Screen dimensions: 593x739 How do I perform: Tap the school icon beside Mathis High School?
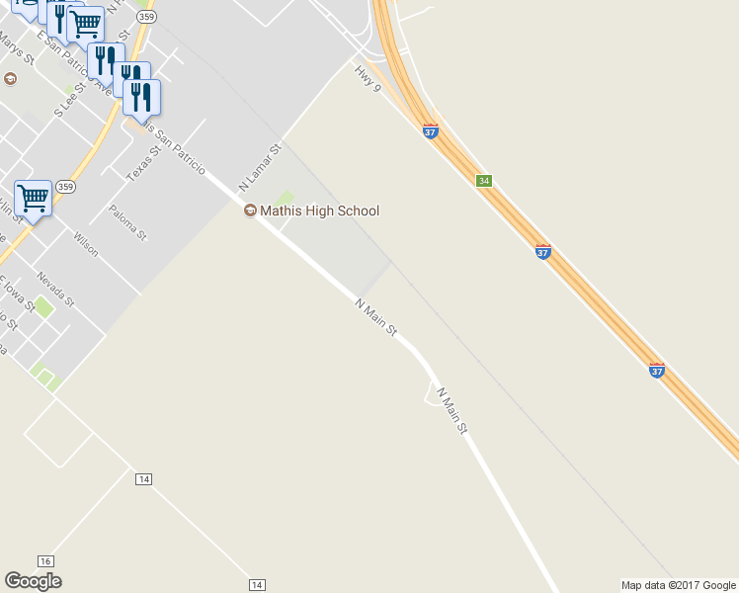[x=250, y=211]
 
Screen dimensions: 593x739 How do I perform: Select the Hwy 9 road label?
[x=367, y=78]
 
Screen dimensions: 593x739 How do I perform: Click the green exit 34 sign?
[x=483, y=181]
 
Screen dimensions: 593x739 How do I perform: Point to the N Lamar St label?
[x=260, y=167]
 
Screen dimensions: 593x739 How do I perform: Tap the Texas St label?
[x=142, y=164]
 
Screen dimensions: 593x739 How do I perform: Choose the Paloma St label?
[x=128, y=222]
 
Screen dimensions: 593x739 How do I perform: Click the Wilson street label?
[x=86, y=243]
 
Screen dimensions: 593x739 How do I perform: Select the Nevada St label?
[x=55, y=289]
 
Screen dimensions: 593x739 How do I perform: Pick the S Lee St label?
[x=70, y=102]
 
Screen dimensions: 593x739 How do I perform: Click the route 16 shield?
[x=45, y=560]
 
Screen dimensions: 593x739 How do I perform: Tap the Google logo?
[x=33, y=581]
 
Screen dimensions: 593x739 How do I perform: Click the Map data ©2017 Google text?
[x=679, y=585]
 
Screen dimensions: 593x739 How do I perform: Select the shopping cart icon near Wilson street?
[x=33, y=199]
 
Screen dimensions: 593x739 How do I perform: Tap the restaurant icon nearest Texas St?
[x=141, y=97]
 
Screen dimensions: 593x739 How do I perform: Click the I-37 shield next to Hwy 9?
[x=431, y=131]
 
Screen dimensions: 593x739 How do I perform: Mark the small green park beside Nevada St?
[x=42, y=306]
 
